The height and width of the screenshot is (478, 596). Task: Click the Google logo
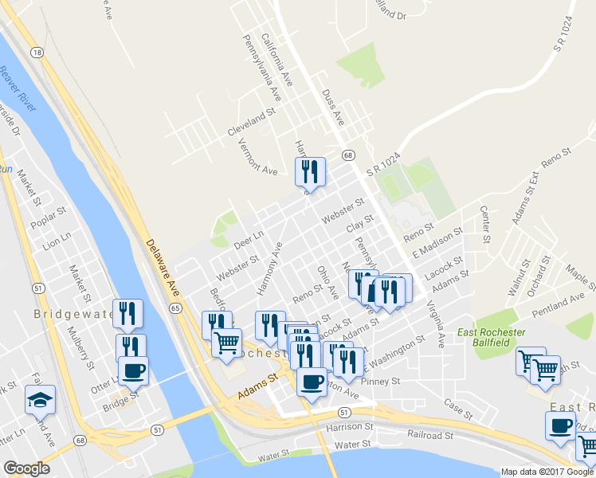(x=27, y=468)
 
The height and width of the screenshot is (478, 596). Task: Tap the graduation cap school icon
(x=40, y=400)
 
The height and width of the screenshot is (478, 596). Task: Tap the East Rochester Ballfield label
(x=490, y=336)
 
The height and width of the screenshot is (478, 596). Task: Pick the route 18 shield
(x=37, y=52)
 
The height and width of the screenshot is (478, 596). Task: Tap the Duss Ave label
(x=332, y=107)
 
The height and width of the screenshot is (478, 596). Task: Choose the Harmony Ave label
(x=269, y=270)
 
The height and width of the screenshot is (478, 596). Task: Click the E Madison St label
(x=437, y=242)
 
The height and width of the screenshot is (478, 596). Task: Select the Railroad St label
(x=430, y=437)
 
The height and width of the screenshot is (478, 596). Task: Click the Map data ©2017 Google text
(x=547, y=472)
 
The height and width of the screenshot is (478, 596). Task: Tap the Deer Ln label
(x=248, y=235)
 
